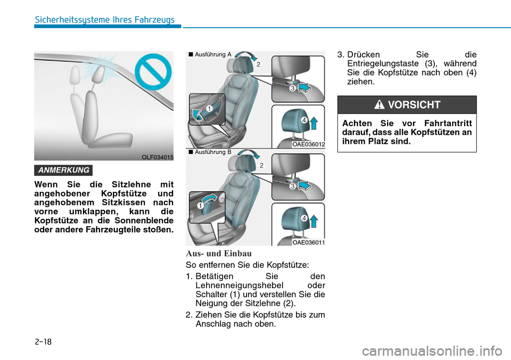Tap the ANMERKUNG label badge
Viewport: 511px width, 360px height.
pyautogui.click(x=63, y=170)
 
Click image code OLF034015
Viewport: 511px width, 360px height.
pyautogui.click(x=157, y=157)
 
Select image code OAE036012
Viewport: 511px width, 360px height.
pyautogui.click(x=308, y=144)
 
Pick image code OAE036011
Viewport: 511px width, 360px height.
pyautogui.click(x=308, y=242)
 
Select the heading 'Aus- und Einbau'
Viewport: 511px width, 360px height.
pyautogui.click(x=218, y=253)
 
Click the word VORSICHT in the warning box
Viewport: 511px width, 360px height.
pyautogui.click(x=414, y=105)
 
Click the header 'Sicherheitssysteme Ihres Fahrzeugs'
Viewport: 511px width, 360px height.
pyautogui.click(x=104, y=20)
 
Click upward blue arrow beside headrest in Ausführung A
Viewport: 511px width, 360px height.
pyautogui.click(x=314, y=123)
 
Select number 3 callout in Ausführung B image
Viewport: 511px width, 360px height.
pyautogui.click(x=292, y=186)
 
